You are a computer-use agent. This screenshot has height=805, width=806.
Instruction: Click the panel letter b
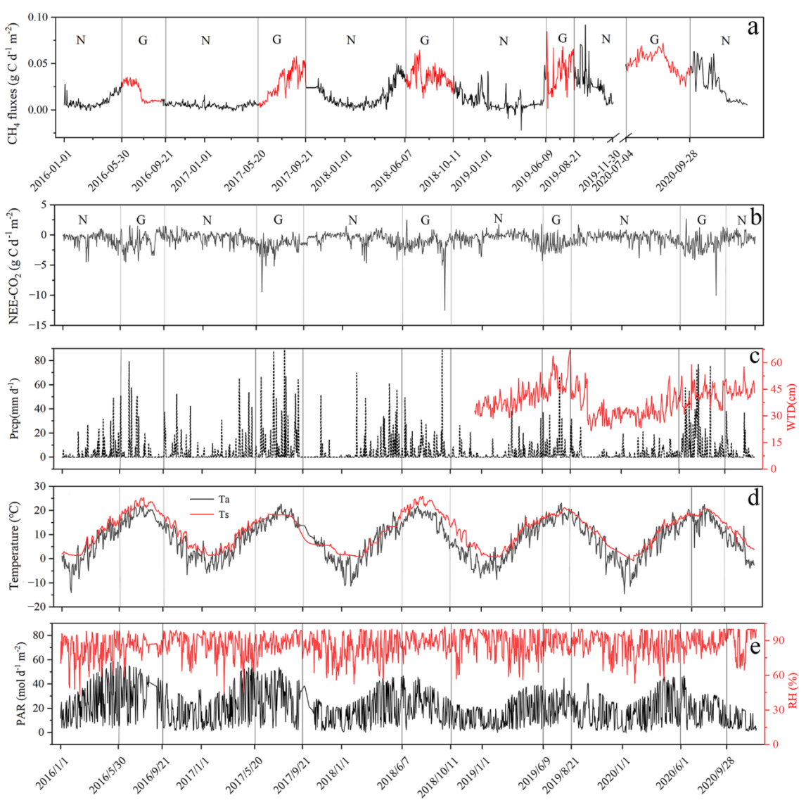pyautogui.click(x=755, y=217)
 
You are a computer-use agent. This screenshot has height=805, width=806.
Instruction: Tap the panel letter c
pyautogui.click(x=755, y=357)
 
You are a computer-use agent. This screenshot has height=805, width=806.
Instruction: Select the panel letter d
pyautogui.click(x=754, y=498)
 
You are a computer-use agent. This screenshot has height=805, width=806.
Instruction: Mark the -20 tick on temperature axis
pyautogui.click(x=39, y=607)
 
